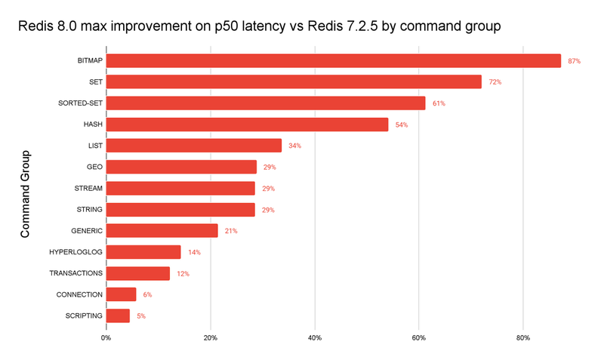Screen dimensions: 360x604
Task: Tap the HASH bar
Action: pos(248,125)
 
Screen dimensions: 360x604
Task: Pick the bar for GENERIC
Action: pos(162,231)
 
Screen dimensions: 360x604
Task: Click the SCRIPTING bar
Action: pos(119,315)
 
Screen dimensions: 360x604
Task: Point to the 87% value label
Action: pos(574,60)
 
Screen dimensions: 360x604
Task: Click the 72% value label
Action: pos(495,82)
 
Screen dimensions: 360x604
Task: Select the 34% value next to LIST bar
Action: pos(294,146)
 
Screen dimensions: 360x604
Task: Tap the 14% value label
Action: pos(194,252)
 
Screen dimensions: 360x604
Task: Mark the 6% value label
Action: pos(147,294)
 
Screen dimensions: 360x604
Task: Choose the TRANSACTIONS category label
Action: pos(75,273)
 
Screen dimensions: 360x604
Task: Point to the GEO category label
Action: pos(95,167)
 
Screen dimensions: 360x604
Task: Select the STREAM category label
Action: pos(89,188)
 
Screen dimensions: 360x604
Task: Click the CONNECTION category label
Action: pos(79,294)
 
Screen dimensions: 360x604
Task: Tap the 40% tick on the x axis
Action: pos(315,337)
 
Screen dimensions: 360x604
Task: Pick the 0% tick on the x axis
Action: pos(106,337)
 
